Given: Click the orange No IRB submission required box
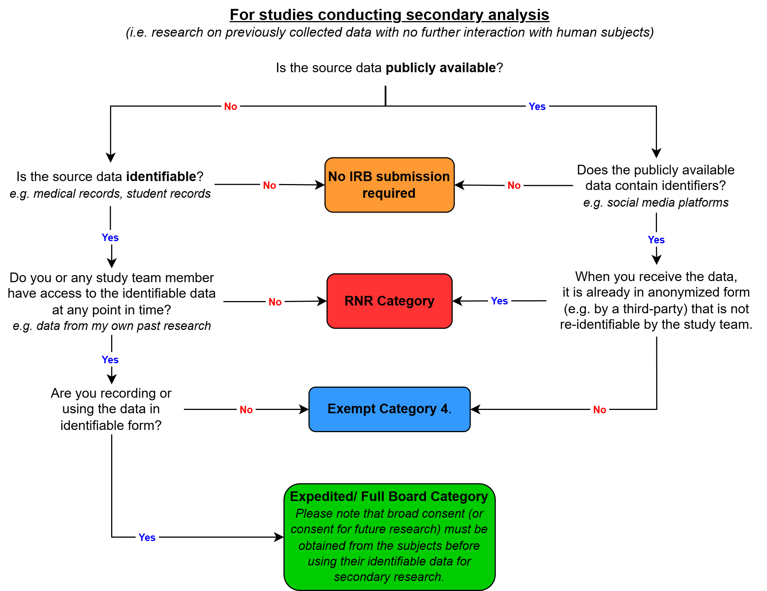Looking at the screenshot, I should tap(389, 185).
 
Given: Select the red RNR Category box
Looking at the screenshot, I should tap(389, 301).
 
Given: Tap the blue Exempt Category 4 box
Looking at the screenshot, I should tap(389, 409).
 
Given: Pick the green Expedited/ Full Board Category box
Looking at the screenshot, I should tap(389, 537).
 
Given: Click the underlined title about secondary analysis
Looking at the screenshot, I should tap(389, 15).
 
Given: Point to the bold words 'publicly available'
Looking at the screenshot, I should tap(440, 68).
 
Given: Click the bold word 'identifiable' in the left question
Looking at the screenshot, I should tap(161, 177).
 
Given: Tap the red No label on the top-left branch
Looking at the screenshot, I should tap(230, 107).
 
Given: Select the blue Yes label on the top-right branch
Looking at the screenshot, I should tap(537, 107).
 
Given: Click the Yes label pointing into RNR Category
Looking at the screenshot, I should tap(499, 301).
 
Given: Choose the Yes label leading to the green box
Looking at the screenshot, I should tap(147, 537).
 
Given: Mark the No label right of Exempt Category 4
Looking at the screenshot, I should tap(599, 410).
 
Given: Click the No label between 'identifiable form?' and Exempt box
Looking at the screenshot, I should tap(246, 410).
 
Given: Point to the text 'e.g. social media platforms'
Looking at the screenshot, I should tap(655, 203).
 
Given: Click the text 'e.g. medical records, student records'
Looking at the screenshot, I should tap(110, 194).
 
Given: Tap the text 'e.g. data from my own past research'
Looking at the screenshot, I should tap(112, 326).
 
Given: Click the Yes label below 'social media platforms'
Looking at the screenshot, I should tap(656, 240).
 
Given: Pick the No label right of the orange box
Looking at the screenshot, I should tap(514, 185).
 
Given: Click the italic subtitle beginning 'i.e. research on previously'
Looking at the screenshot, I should tap(389, 33).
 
